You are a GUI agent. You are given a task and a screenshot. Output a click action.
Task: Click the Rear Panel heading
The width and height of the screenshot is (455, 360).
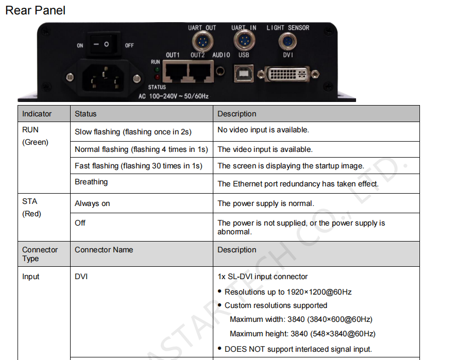pyautogui.click(x=35, y=10)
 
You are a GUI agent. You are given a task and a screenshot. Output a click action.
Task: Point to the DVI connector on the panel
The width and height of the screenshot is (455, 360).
pyautogui.click(x=288, y=74)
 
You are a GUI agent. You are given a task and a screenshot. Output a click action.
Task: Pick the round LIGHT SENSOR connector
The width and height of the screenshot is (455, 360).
pyautogui.click(x=287, y=40)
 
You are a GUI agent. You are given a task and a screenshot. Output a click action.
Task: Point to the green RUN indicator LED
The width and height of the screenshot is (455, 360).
pyautogui.click(x=157, y=69)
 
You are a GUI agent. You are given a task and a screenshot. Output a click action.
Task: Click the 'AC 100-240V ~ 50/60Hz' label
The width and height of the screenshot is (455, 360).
pyautogui.click(x=173, y=96)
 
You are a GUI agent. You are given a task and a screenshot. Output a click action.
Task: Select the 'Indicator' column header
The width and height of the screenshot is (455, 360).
pyautogui.click(x=37, y=114)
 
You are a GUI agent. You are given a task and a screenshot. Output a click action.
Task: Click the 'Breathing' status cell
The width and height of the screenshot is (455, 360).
pyautogui.click(x=91, y=182)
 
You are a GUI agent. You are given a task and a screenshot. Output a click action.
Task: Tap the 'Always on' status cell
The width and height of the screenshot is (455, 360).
pyautogui.click(x=92, y=203)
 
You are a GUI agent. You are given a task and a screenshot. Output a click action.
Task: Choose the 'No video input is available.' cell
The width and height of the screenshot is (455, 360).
pyautogui.click(x=263, y=130)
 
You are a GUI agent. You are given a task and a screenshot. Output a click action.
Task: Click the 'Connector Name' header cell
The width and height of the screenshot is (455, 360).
pyautogui.click(x=104, y=250)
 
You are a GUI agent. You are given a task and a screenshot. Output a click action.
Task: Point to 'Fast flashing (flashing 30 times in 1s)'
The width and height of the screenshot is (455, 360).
pyautogui.click(x=139, y=166)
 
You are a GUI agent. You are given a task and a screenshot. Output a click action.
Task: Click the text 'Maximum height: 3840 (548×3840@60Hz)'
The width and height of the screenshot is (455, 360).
pyautogui.click(x=302, y=334)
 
